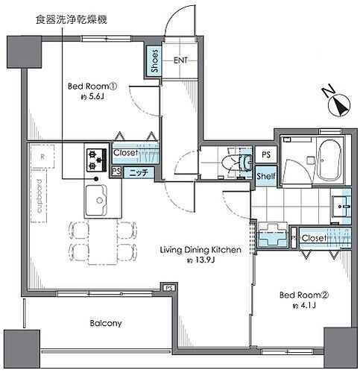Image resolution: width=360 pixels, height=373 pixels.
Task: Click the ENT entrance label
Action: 181,60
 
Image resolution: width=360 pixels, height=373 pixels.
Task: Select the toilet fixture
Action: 238,160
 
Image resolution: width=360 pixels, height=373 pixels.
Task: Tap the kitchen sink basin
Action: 97,200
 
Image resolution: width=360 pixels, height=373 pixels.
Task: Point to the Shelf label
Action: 265,176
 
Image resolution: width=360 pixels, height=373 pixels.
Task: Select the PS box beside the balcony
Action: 169,288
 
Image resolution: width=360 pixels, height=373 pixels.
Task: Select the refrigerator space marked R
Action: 43,157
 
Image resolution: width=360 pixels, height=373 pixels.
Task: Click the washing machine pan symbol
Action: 273,233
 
